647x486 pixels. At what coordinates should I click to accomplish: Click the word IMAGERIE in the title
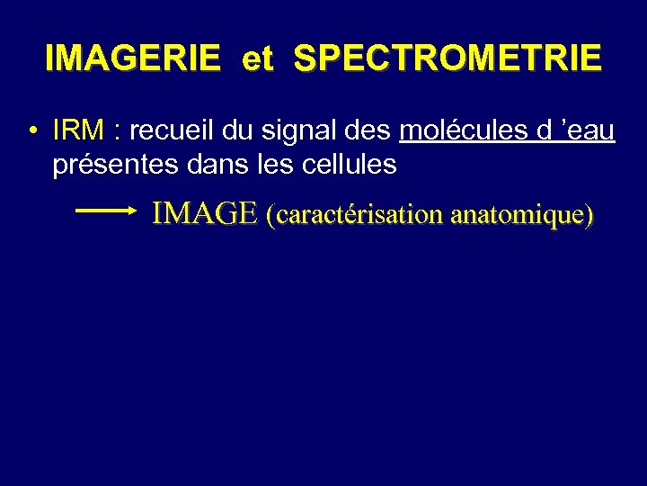[132, 58]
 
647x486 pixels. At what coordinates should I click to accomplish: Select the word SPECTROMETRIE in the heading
[448, 58]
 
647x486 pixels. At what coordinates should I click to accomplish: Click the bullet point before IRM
[31, 132]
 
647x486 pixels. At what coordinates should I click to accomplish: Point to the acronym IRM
[78, 131]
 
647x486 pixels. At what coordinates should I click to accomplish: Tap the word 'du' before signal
[236, 131]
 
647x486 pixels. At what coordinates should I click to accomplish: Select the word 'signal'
[290, 132]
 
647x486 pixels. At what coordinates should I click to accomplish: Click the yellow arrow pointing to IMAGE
[105, 211]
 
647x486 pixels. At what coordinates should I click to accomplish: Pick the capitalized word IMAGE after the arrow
[205, 214]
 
